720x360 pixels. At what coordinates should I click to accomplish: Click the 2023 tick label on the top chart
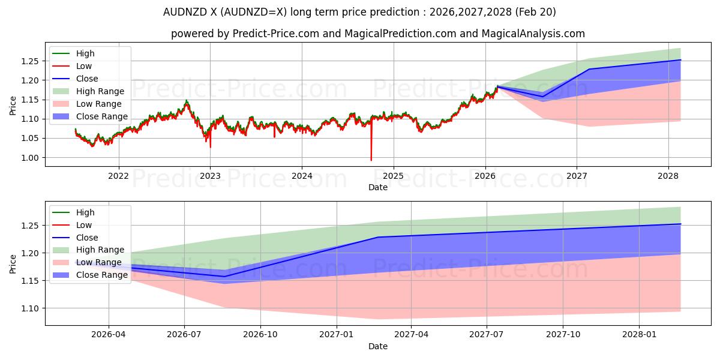coord(210,176)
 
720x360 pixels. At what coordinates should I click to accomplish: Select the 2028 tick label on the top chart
coord(668,176)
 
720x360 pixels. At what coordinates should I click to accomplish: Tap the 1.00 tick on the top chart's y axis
coord(30,158)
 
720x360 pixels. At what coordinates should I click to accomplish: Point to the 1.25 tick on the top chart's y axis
coord(30,61)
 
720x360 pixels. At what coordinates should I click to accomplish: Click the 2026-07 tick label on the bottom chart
coord(184,335)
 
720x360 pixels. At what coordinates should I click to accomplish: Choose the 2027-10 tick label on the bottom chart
coord(563,335)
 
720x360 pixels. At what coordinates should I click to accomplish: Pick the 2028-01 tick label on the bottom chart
coord(640,335)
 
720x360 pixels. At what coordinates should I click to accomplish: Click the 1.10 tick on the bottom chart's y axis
coord(30,308)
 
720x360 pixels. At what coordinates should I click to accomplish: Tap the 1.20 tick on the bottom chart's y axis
coord(30,253)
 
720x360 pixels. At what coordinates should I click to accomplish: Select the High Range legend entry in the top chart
coord(88,91)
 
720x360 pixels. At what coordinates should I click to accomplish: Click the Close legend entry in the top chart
coord(75,79)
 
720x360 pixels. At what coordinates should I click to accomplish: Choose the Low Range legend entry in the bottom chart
coord(87,262)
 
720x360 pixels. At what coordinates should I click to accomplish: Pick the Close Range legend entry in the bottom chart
coord(90,275)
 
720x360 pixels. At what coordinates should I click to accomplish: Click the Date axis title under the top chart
coord(378,187)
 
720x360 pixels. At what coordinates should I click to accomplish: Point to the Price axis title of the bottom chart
coord(13,264)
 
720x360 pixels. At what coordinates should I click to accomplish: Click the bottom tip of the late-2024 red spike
coord(371,160)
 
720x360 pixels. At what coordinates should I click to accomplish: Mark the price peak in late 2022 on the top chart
coord(187,101)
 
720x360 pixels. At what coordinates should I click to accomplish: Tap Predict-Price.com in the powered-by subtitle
coord(276,34)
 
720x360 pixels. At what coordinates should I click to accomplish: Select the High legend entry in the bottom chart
coord(74,212)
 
